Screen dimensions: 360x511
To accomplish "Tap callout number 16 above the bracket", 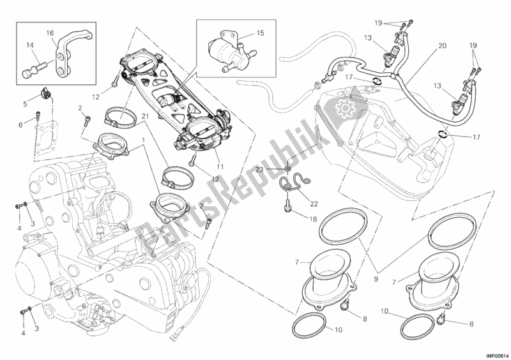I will click(x=49, y=32).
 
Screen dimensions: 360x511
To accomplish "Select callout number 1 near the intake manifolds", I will click(x=144, y=139).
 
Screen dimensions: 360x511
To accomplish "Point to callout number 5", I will click(x=26, y=103).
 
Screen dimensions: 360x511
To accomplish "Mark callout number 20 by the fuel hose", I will click(x=442, y=47).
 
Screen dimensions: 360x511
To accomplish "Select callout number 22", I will click(x=313, y=204).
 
